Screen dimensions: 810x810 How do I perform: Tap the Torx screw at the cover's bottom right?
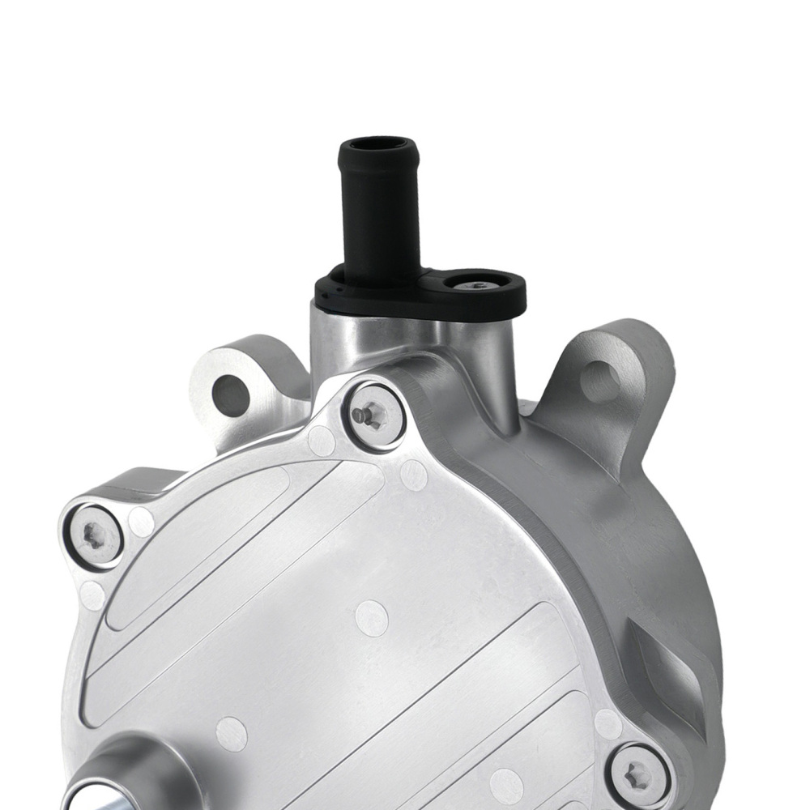coord(638,773)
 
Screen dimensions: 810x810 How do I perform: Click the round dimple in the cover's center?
coord(372,618)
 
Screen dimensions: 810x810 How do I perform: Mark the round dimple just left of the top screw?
coord(322,441)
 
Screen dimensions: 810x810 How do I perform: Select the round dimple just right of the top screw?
coord(413,475)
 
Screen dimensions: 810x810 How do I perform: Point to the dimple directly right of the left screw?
coord(141,522)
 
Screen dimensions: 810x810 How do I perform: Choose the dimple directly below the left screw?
coord(92,595)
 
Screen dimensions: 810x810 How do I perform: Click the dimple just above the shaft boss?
coord(232,734)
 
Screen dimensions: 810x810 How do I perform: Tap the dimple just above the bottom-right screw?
coord(608,723)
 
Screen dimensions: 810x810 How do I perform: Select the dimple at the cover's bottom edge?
coord(506,787)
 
